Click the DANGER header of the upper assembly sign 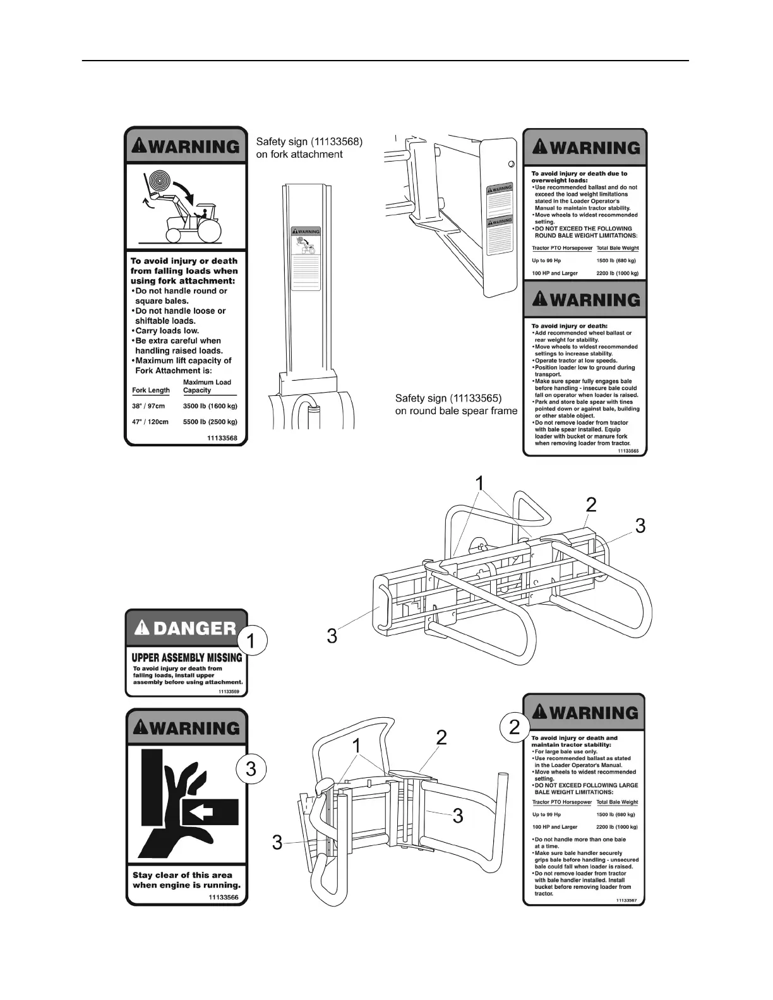click(187, 628)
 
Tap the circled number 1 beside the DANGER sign click(251, 642)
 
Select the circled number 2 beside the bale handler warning click(515, 727)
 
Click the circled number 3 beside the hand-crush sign click(251, 769)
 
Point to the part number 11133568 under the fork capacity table click(222, 437)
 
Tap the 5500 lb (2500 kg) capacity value click(210, 422)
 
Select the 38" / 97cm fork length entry click(148, 406)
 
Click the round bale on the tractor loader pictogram click(159, 184)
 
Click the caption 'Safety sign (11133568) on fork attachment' click(309, 148)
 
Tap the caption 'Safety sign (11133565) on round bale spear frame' click(456, 405)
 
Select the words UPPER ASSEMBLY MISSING click(186, 657)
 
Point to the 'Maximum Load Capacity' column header click(207, 386)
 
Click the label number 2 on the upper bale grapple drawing click(590, 504)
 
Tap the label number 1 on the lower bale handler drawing click(357, 746)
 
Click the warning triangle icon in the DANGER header click(143, 628)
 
